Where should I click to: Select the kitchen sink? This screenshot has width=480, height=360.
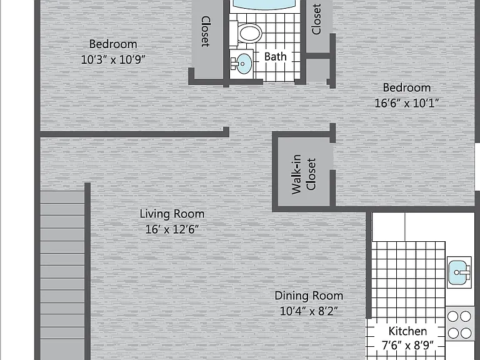pyautogui.click(x=459, y=272)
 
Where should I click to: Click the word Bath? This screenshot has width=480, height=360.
pyautogui.click(x=276, y=57)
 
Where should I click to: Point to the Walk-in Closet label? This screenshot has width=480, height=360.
pyautogui.click(x=304, y=174)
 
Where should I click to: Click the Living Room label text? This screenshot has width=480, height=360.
pyautogui.click(x=172, y=214)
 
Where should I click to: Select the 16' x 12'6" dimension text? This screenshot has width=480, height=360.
pyautogui.click(x=172, y=229)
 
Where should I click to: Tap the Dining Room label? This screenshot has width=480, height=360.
pyautogui.click(x=309, y=296)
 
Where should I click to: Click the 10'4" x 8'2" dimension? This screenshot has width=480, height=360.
pyautogui.click(x=309, y=311)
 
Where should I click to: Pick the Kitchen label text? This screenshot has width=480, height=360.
pyautogui.click(x=407, y=331)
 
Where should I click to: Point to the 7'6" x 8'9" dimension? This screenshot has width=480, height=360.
pyautogui.click(x=407, y=346)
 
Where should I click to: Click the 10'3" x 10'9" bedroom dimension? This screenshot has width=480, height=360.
pyautogui.click(x=113, y=59)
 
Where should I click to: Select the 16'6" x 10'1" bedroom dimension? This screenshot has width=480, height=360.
pyautogui.click(x=407, y=103)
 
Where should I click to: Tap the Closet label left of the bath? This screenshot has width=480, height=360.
pyautogui.click(x=206, y=31)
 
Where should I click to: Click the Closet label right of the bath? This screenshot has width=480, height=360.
pyautogui.click(x=316, y=19)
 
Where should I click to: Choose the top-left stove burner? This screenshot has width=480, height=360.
pyautogui.click(x=453, y=316)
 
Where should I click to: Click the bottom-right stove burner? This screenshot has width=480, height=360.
pyautogui.click(x=466, y=332)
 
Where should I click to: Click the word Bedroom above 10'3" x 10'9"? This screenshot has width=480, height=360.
pyautogui.click(x=113, y=44)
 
